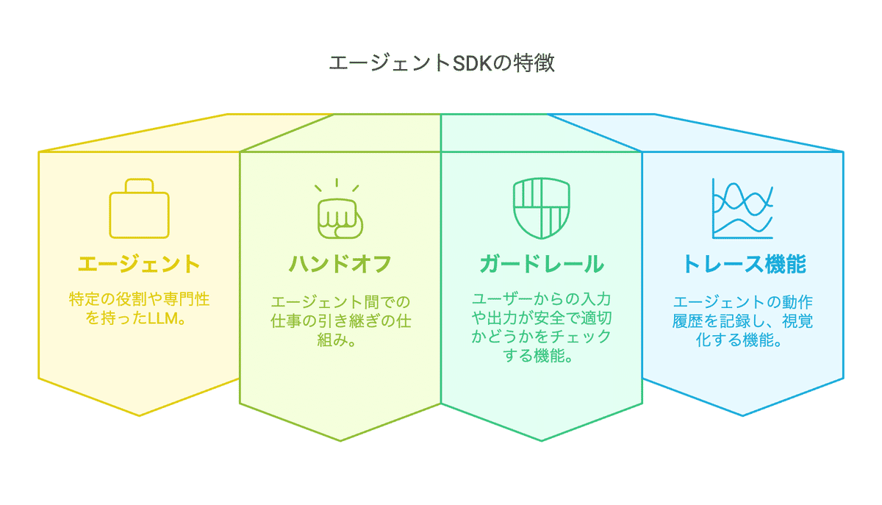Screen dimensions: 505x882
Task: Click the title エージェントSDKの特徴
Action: click(441, 63)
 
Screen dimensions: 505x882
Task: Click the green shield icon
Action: click(541, 209)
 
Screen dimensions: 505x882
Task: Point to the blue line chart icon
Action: click(742, 209)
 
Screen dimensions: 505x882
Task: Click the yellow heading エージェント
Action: click(140, 264)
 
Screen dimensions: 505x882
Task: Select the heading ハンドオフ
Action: click(340, 264)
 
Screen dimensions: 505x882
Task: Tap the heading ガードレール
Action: click(542, 264)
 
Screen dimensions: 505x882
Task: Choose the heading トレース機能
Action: click(743, 264)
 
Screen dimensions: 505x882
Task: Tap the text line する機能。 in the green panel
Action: click(542, 359)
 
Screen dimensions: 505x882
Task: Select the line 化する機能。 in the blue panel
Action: click(743, 341)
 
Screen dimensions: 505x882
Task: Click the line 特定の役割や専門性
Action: click(140, 301)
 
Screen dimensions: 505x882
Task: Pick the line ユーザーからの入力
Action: click(542, 301)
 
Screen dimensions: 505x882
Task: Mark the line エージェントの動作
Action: click(743, 303)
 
